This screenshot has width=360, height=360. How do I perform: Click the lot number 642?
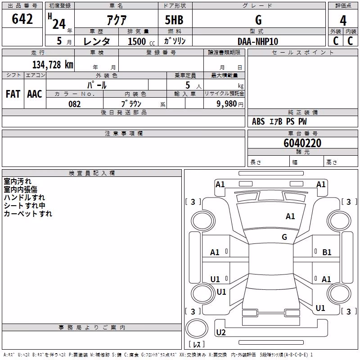pyautogui.click(x=22, y=19)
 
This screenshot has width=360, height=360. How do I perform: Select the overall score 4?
pyautogui.click(x=343, y=21)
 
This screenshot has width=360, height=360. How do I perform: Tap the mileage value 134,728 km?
pyautogui.click(x=53, y=65)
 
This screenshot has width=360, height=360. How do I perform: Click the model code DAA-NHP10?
pyautogui.click(x=258, y=41)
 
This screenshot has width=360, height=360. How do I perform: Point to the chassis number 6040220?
pyautogui.click(x=302, y=143)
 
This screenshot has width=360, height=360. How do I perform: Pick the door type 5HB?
pyautogui.click(x=174, y=20)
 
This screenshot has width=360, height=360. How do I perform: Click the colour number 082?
pyautogui.click(x=75, y=104)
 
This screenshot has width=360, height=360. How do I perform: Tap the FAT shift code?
pyautogui.click(x=13, y=94)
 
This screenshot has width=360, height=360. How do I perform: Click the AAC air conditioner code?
pyautogui.click(x=35, y=94)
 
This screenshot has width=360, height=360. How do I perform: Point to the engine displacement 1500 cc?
pyautogui.click(x=141, y=41)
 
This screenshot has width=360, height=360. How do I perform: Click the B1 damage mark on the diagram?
pyautogui.click(x=327, y=252)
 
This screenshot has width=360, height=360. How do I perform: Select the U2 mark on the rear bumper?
pyautogui.click(x=221, y=333)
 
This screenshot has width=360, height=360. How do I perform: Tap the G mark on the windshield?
pyautogui.click(x=284, y=237)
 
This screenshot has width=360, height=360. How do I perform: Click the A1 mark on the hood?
pyautogui.click(x=290, y=216)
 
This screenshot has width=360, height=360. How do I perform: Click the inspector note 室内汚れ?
pyautogui.click(x=18, y=181)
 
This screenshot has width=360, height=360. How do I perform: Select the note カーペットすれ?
pyautogui.click(x=28, y=214)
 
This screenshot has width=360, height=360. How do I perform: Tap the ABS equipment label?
pyautogui.click(x=258, y=121)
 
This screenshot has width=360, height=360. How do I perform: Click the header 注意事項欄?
pyautogui.click(x=124, y=133)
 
